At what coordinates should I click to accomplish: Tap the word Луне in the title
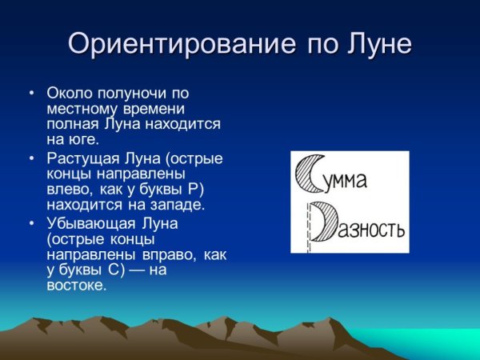click(x=374, y=43)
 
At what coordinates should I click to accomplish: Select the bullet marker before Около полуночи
click(x=31, y=94)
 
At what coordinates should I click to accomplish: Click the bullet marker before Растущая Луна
click(x=31, y=158)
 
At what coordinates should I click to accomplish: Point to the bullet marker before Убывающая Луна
click(x=31, y=222)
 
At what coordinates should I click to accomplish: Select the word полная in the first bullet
click(x=73, y=125)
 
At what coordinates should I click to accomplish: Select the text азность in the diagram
click(x=372, y=230)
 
